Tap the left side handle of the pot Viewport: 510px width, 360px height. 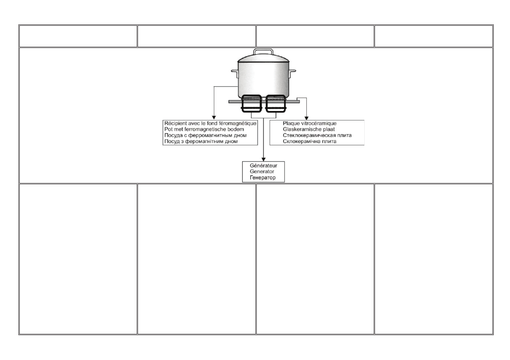tap(234, 71)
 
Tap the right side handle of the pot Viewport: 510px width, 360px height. tap(292, 71)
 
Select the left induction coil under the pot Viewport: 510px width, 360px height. tap(250, 104)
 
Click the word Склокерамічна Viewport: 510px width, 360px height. tap(302, 141)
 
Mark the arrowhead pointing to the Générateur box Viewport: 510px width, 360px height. tap(263, 158)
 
